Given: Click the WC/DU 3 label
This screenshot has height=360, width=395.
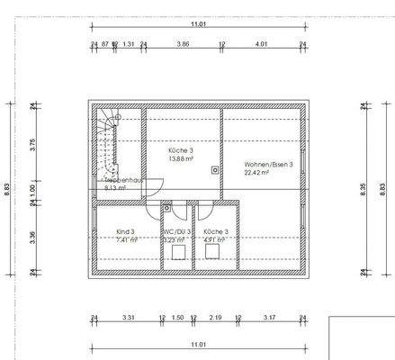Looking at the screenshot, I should tap(176, 231).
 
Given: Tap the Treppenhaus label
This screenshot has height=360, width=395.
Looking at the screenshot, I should tap(121, 181).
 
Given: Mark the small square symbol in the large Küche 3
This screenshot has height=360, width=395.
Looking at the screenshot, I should tap(214, 168).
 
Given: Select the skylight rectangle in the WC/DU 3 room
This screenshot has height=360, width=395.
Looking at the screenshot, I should tap(177, 255).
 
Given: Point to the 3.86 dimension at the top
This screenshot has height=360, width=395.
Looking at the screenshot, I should tap(183, 43).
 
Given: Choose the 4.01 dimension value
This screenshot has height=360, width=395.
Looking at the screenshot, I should tap(261, 43).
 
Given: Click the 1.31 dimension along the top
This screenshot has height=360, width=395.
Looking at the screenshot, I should tap(129, 43).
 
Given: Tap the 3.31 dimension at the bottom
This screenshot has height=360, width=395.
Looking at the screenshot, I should tap(128, 318).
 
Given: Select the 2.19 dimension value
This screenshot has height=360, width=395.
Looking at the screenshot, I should tap(216, 318).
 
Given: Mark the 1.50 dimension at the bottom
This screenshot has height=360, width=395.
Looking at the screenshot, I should tap(177, 318).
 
